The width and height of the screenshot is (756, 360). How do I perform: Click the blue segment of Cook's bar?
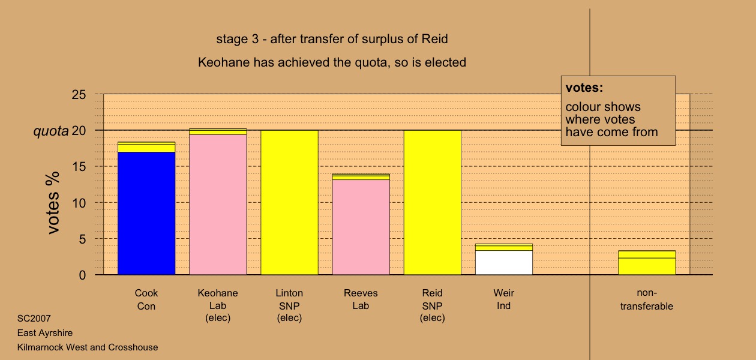coord(146,213)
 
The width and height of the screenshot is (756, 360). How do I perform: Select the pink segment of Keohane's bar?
coord(218,205)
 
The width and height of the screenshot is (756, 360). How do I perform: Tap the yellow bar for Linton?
coord(290,202)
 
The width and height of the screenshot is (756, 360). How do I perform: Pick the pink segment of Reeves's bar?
coord(361,227)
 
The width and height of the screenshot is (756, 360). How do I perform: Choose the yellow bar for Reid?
coord(433,202)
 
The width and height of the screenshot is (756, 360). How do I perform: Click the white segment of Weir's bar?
coord(504,262)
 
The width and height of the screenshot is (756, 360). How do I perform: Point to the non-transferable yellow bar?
coord(647,262)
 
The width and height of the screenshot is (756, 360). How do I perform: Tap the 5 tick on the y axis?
coord(83,239)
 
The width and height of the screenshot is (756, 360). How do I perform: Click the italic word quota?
coord(51,131)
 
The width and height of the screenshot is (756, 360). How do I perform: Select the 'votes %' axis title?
coord(53,203)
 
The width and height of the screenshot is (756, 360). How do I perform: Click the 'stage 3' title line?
coord(332,39)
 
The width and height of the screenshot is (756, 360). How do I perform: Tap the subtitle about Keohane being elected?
coord(332,62)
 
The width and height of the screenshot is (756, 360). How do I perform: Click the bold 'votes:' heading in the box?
coord(584,88)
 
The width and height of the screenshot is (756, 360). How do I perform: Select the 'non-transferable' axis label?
coord(647,299)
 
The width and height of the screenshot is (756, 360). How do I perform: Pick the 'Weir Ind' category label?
coord(504,299)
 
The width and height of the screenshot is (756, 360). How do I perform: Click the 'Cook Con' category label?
coord(146,299)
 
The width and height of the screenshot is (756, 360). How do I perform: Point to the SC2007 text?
coord(34,319)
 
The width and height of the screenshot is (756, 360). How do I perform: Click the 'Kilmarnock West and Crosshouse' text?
coord(88,347)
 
